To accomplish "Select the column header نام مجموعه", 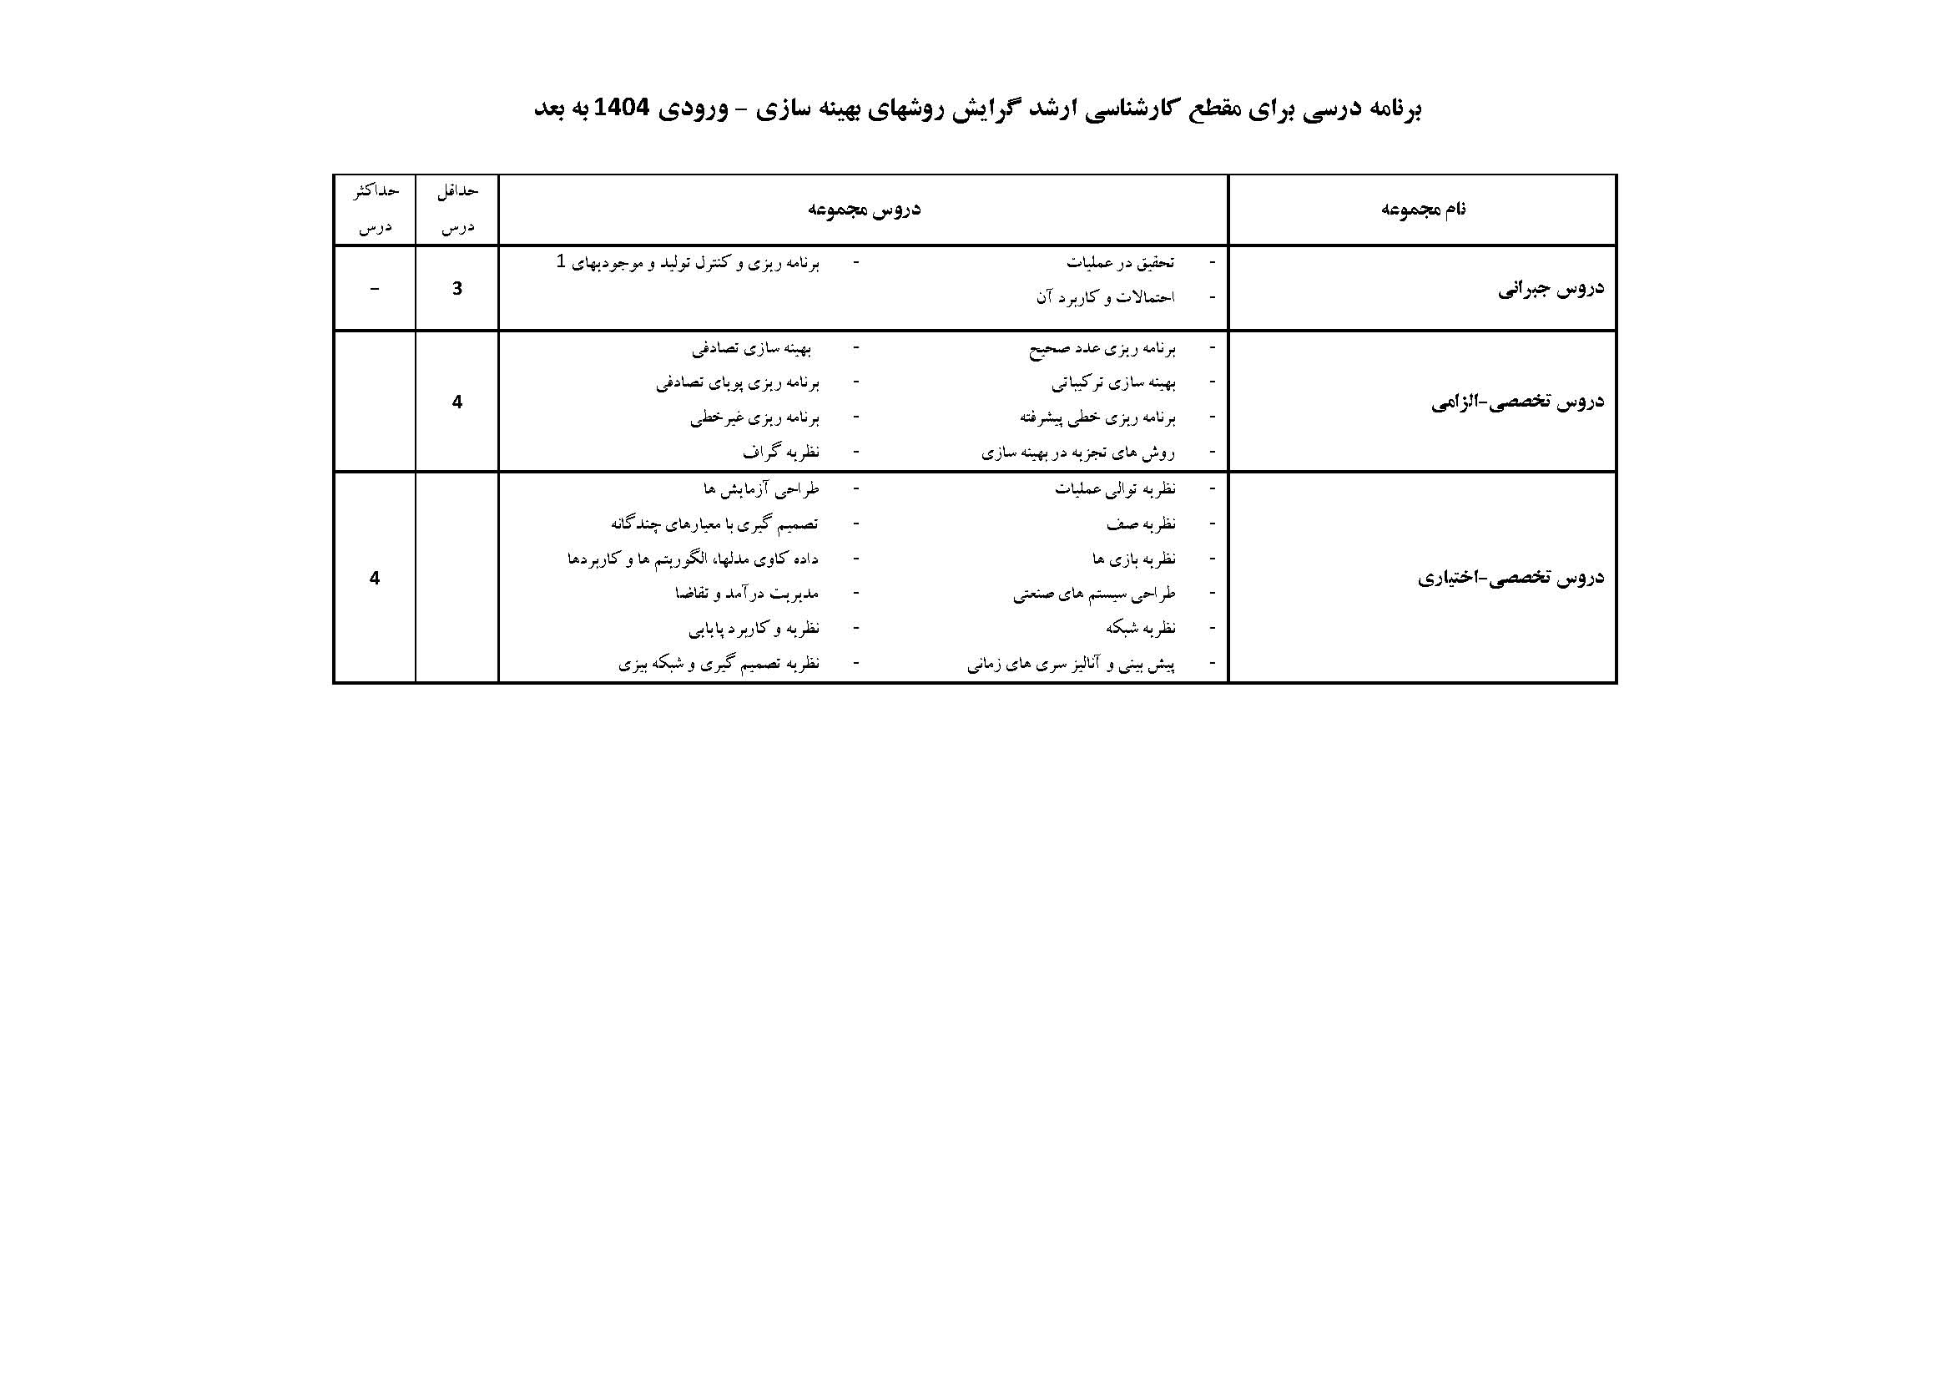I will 1422,210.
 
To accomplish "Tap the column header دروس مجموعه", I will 864,210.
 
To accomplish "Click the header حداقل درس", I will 457,210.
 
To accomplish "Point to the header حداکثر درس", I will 375,210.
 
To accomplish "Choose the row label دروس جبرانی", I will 1551,288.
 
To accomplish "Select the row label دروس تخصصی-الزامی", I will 1517,402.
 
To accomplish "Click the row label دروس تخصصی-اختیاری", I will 1511,579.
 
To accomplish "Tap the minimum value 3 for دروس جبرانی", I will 457,288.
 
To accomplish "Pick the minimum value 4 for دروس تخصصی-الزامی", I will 457,402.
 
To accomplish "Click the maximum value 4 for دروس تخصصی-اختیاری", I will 375,579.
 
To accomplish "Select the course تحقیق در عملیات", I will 1120,263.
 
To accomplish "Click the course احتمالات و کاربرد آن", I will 1104,297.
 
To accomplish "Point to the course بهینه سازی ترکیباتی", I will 1113,383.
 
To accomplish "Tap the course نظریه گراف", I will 780,453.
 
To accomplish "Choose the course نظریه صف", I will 1141,524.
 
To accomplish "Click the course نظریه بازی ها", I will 1133,559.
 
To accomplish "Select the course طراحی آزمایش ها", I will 761,489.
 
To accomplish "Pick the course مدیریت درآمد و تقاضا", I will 746,594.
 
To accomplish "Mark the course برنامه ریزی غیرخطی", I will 754,417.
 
